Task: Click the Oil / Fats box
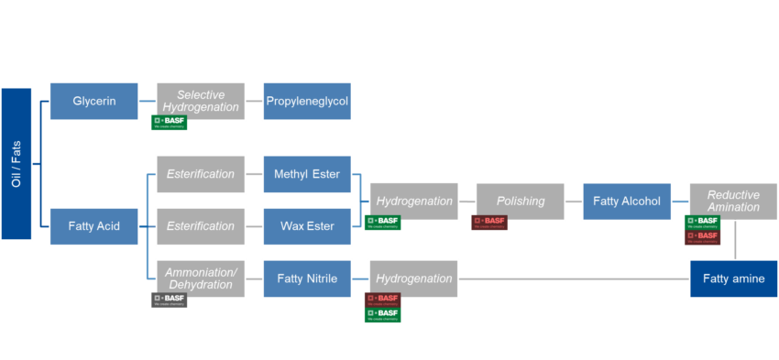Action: [x=16, y=163]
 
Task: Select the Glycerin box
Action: [x=94, y=101]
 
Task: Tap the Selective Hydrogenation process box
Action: [x=201, y=101]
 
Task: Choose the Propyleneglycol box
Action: [x=307, y=101]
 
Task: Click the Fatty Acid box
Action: [x=94, y=226]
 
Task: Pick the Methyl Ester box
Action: [x=307, y=174]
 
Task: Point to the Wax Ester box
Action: [x=307, y=226]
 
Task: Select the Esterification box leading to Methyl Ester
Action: [x=201, y=174]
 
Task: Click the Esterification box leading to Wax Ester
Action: [x=201, y=226]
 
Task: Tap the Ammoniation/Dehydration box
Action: [x=201, y=278]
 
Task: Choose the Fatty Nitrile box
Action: [x=307, y=278]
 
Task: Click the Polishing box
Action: [x=521, y=202]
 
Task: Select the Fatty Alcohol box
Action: [x=627, y=202]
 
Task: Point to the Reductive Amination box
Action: [x=733, y=202]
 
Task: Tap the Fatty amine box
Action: [x=733, y=278]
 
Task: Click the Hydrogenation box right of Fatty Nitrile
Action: [x=414, y=278]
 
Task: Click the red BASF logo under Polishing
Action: [x=489, y=223]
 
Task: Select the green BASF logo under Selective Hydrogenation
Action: [x=170, y=123]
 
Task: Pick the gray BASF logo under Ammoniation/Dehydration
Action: [x=170, y=300]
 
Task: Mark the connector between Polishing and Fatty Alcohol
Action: [x=574, y=202]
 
